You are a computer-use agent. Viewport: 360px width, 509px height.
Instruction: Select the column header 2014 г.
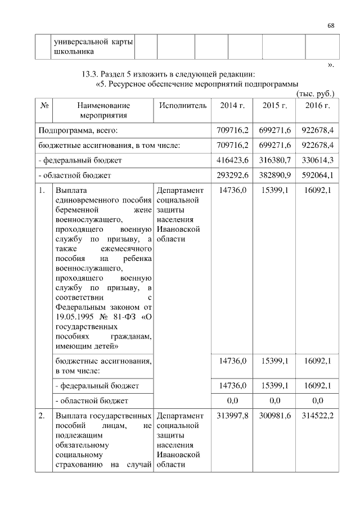coord(232,105)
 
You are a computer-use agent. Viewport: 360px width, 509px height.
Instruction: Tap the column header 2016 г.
coord(318,105)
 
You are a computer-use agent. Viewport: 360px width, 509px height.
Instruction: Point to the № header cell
coord(43,105)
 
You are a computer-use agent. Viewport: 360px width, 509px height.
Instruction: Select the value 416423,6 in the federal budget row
coord(232,160)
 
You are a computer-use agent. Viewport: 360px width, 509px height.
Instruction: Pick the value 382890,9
coord(275,175)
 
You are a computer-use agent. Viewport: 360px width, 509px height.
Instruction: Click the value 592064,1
coord(318,175)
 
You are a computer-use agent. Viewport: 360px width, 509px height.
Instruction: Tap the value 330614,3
coord(318,160)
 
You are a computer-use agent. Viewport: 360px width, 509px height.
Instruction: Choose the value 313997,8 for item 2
coord(232,416)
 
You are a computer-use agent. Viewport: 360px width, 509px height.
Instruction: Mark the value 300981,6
coord(275,416)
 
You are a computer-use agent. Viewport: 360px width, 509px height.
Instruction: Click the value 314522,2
coord(318,416)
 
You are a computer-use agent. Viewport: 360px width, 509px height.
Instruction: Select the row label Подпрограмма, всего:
coord(78,130)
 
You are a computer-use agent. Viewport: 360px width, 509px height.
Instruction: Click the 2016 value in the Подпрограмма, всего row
coord(318,130)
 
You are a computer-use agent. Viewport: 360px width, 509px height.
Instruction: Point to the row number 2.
coord(42,416)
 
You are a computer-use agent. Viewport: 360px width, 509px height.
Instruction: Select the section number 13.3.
coord(92,74)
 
